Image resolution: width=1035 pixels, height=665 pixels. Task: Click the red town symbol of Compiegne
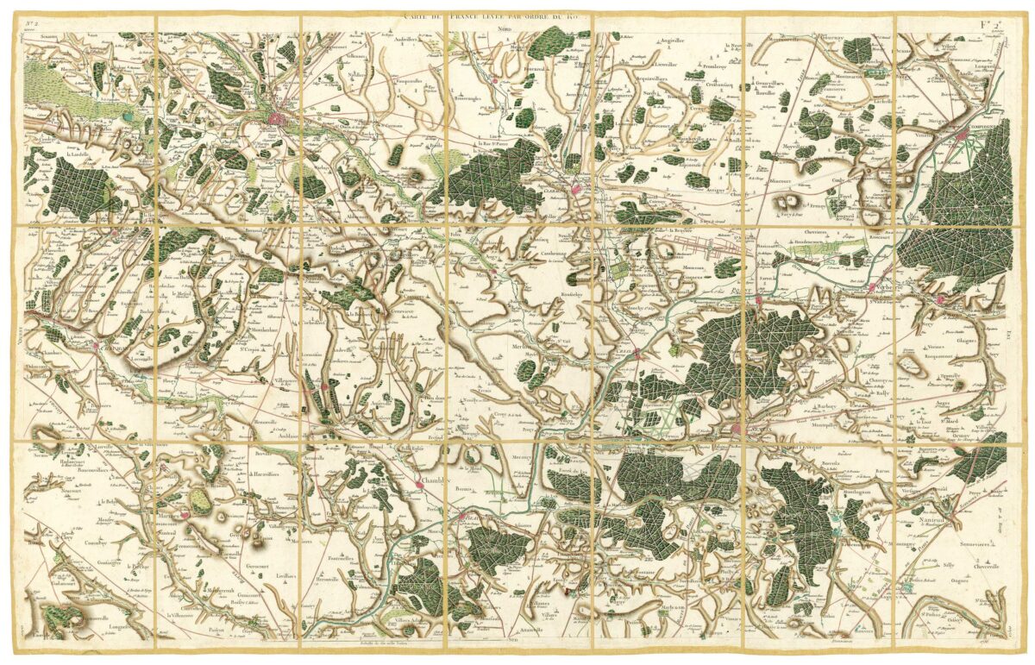point(964,135)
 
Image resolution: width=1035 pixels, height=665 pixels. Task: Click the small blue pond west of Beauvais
point(128,115)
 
